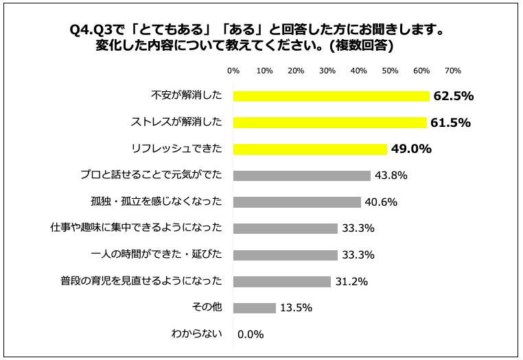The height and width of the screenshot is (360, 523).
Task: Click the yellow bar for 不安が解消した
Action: (331, 96)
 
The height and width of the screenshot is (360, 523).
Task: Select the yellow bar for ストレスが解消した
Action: (329, 123)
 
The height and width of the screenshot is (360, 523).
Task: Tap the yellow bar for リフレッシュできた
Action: (310, 149)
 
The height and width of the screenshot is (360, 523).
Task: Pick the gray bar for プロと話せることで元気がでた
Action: (301, 176)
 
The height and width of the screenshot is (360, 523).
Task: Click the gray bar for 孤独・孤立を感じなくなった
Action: (297, 202)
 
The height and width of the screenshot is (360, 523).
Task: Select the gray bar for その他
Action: (254, 308)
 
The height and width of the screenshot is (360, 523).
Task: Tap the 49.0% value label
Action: (411, 149)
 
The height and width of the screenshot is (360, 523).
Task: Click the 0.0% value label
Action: (251, 335)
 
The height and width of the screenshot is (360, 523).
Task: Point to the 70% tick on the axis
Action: (452, 71)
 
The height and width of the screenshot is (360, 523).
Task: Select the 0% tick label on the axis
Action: (233, 71)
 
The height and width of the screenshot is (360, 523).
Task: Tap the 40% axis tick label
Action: (358, 71)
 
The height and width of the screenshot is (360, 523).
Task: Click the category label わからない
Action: (196, 334)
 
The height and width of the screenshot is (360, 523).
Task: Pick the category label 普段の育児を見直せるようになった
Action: (141, 281)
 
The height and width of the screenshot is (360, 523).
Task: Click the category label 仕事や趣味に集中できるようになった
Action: (137, 228)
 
